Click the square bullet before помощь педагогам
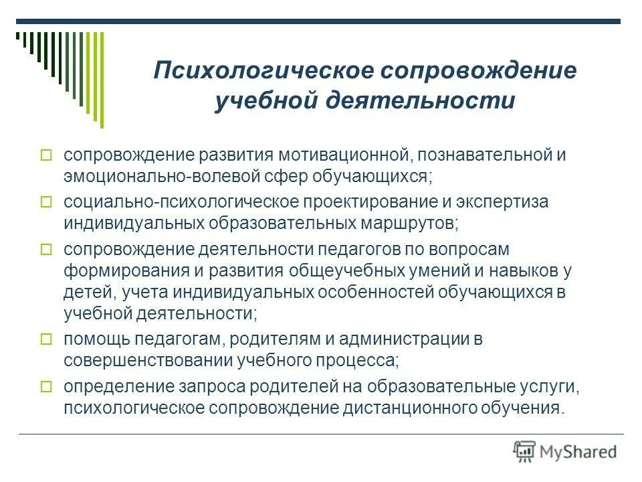46,339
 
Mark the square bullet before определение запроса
46,387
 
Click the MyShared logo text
579,451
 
